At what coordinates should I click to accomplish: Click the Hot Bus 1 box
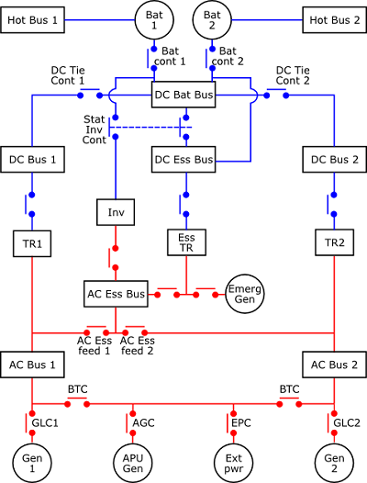pyautogui.click(x=32, y=20)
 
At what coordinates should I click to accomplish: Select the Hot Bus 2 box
pyautogui.click(x=334, y=20)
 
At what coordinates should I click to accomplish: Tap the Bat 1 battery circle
pyautogui.click(x=154, y=20)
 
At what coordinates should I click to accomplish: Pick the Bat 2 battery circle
pyautogui.click(x=212, y=20)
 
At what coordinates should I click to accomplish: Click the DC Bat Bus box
pyautogui.click(x=183, y=95)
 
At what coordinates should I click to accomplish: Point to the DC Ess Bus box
pyautogui.click(x=183, y=159)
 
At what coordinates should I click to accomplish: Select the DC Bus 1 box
pyautogui.click(x=32, y=159)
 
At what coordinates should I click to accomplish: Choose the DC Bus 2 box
pyautogui.click(x=334, y=159)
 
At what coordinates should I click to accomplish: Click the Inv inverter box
pyautogui.click(x=116, y=212)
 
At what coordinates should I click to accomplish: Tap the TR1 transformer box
pyautogui.click(x=32, y=243)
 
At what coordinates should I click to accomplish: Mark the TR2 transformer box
pyautogui.click(x=334, y=242)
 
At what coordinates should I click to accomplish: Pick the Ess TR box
pyautogui.click(x=186, y=242)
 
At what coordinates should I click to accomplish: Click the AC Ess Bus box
pyautogui.click(x=116, y=294)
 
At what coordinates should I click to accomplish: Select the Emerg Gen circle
pyautogui.click(x=245, y=294)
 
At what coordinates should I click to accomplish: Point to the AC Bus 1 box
pyautogui.click(x=32, y=365)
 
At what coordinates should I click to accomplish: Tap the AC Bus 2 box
pyautogui.click(x=334, y=365)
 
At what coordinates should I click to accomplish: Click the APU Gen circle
pyautogui.click(x=133, y=463)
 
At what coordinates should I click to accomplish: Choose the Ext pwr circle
pyautogui.click(x=233, y=463)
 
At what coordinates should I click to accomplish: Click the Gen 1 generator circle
pyautogui.click(x=32, y=463)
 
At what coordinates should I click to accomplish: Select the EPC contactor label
pyautogui.click(x=241, y=423)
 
